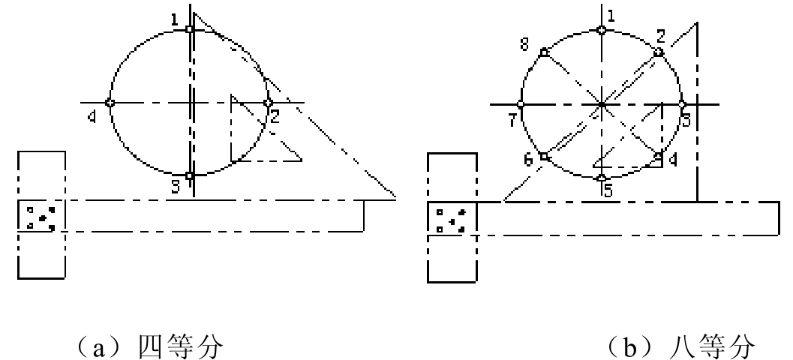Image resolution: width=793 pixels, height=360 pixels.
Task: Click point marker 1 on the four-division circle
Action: click(x=189, y=29)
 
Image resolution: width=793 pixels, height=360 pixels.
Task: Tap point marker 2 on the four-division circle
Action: click(x=268, y=103)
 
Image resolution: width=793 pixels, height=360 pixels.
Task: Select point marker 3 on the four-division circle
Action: click(x=189, y=176)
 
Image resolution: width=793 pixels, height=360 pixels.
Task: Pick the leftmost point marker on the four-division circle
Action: click(x=110, y=103)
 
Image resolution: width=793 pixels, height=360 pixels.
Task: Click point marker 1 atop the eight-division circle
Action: click(x=602, y=30)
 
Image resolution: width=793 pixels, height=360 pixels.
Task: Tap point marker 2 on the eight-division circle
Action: click(x=658, y=52)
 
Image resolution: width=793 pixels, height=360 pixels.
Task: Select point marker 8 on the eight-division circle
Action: click(x=544, y=52)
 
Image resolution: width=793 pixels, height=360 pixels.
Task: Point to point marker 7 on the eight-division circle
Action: click(x=521, y=105)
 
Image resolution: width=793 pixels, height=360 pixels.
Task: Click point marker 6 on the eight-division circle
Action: click(x=544, y=157)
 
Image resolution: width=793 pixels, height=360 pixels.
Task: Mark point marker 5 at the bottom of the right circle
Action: click(x=602, y=178)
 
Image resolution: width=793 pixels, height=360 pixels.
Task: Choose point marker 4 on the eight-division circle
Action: click(x=658, y=157)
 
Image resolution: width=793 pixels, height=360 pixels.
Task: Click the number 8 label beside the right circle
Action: click(x=524, y=44)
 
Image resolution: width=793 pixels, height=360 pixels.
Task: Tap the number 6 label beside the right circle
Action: click(x=528, y=160)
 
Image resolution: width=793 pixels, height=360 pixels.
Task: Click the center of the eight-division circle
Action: click(x=602, y=105)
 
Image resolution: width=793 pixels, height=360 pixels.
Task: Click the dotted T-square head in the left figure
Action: click(x=41, y=215)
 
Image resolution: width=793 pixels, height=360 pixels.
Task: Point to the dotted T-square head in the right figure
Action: click(x=452, y=217)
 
